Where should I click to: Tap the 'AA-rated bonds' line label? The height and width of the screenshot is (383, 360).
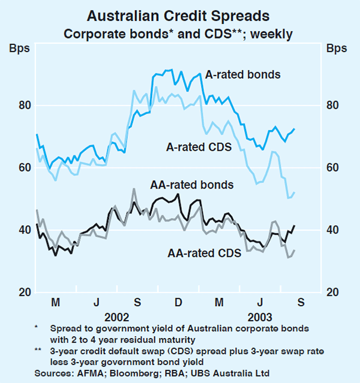pyautogui.click(x=192, y=184)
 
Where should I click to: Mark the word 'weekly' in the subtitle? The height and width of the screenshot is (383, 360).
pyautogui.click(x=272, y=34)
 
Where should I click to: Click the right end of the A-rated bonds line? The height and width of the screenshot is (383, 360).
pyautogui.click(x=294, y=129)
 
